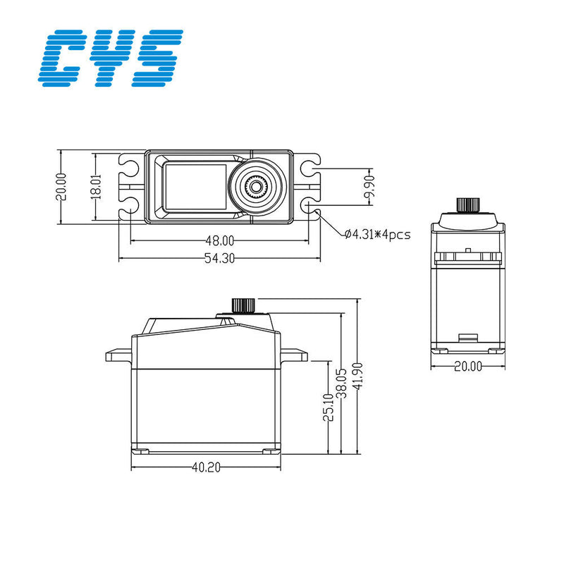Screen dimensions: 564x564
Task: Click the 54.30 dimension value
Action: coord(219,258)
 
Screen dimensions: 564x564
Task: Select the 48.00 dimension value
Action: coord(219,240)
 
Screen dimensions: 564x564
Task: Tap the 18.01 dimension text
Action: coord(96,187)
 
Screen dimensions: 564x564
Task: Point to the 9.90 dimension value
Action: coord(370,187)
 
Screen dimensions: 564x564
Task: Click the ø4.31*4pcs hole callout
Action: coord(376,234)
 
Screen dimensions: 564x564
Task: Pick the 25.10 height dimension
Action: coord(328,407)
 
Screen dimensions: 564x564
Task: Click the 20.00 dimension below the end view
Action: coord(467,366)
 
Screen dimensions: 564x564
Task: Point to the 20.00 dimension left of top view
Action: coord(61,187)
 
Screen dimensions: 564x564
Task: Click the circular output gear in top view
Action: coord(256,187)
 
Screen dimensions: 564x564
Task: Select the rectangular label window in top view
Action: coord(195,187)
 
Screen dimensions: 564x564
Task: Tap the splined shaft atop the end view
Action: coord(467,204)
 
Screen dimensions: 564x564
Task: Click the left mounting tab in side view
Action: coord(118,355)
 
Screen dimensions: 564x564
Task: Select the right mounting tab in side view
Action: coord(296,355)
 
